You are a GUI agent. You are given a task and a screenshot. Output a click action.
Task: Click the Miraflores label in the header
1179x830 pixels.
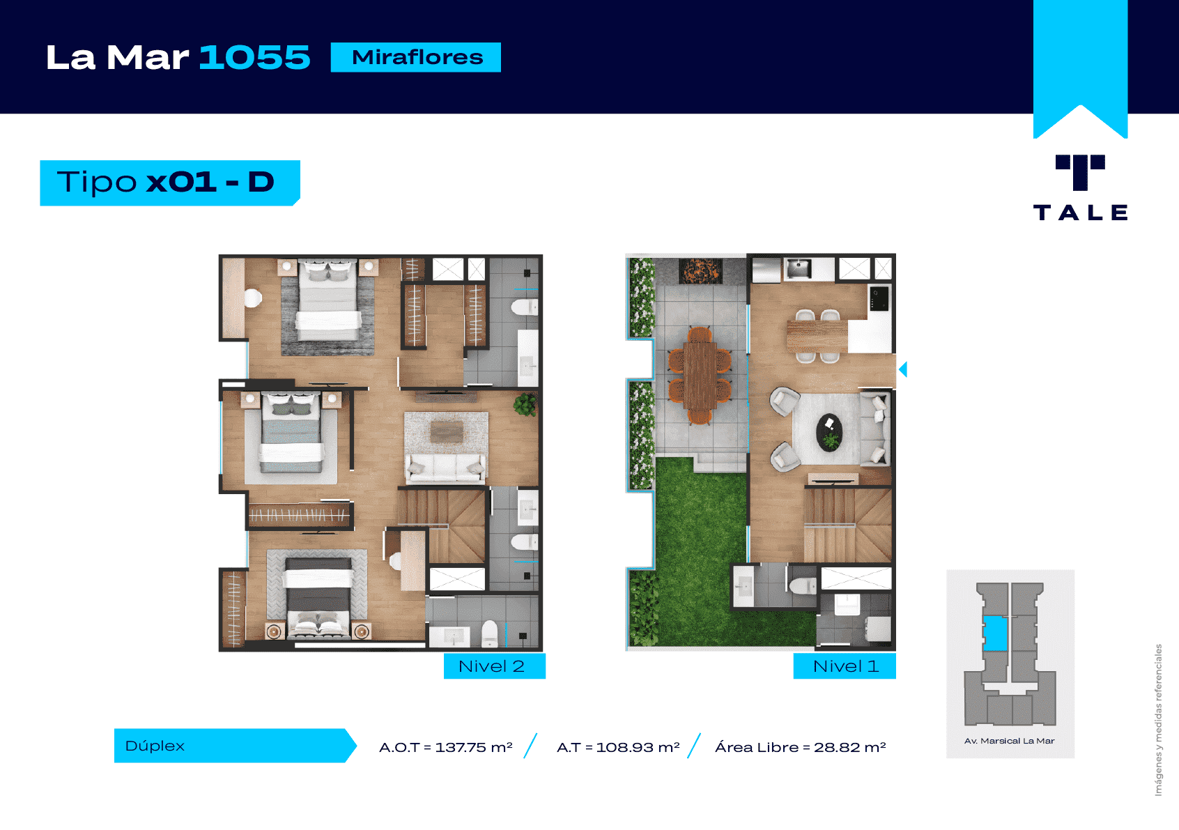point(417,57)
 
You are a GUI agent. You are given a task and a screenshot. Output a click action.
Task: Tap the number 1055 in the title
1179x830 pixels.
point(255,57)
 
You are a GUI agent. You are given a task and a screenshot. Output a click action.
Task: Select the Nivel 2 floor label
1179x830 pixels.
point(491,666)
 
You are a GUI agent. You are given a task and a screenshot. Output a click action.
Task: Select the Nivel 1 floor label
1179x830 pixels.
point(845,666)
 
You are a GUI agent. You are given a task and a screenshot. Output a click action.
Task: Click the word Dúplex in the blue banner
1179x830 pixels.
point(155,746)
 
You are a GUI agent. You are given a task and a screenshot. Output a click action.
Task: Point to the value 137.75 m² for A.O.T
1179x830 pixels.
point(474,747)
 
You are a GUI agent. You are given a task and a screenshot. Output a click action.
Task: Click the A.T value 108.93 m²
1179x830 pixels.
point(638,747)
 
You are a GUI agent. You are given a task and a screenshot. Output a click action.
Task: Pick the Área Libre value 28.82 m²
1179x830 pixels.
point(849,747)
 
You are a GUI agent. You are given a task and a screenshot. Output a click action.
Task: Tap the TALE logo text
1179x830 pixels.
point(1080,213)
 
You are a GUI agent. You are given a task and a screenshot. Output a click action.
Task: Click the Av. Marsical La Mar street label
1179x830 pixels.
point(1009,741)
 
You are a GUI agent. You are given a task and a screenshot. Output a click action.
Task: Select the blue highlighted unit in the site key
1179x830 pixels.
point(995,633)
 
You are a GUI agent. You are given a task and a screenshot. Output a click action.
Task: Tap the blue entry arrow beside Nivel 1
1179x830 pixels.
point(902,369)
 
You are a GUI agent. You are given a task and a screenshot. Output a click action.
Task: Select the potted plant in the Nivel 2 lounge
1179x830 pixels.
point(525,405)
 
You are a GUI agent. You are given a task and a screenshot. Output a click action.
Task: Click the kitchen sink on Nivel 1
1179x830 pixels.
point(799,268)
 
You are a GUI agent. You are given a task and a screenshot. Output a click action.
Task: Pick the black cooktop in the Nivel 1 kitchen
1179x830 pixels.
point(879,298)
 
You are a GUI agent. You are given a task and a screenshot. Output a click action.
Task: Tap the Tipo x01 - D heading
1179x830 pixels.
point(166,182)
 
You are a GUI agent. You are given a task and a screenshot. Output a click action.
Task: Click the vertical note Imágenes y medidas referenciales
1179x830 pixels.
point(1159,719)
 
